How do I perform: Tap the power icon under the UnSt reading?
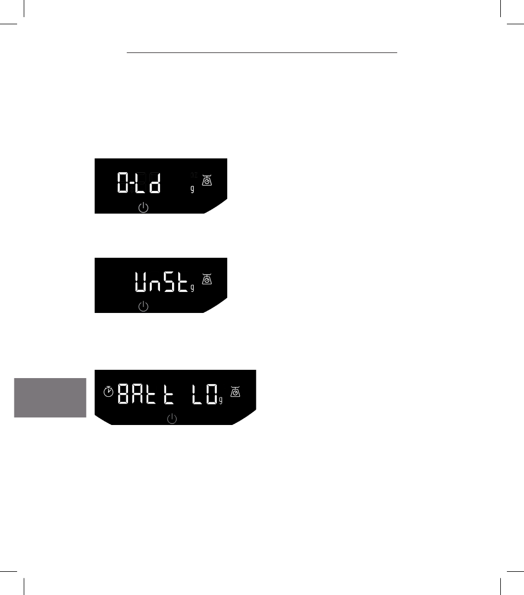143,306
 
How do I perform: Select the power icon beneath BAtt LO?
172,419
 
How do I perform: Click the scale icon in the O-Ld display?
207,179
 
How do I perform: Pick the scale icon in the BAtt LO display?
236,392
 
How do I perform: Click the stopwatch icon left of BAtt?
109,392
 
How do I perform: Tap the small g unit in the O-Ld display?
193,189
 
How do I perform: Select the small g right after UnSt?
192,288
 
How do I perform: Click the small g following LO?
221,401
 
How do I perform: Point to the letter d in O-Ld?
155,182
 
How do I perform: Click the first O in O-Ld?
124,182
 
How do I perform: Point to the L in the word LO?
197,394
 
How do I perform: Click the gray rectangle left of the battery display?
50,397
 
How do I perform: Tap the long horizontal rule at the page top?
262,54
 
